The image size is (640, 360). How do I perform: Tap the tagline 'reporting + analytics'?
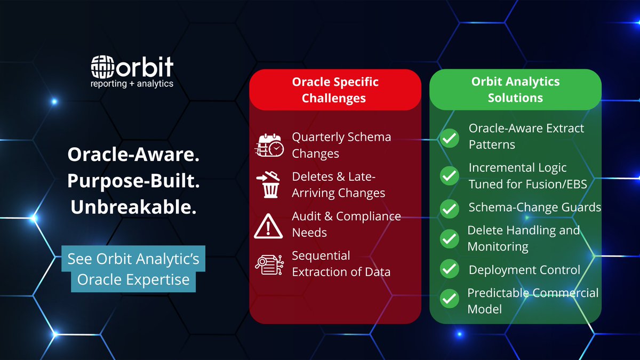(x=132, y=83)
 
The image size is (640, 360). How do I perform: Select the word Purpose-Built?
(x=133, y=181)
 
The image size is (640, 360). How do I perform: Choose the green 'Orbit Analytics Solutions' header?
(x=515, y=90)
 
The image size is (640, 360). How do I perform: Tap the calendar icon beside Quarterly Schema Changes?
(x=269, y=146)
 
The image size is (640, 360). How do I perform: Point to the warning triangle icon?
(x=269, y=225)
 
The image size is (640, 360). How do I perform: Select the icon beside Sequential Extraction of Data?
(x=269, y=264)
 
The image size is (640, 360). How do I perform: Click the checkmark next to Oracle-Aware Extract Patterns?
(x=450, y=138)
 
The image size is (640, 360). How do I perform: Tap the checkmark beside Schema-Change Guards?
(x=450, y=208)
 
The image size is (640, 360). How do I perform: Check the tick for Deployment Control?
(x=450, y=269)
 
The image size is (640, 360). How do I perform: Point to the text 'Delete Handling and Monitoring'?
(x=523, y=238)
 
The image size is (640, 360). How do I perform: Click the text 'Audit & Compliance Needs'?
(x=346, y=224)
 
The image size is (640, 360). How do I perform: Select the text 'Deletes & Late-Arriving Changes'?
(x=338, y=185)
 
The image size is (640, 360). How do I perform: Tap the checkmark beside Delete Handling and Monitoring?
(x=450, y=238)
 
